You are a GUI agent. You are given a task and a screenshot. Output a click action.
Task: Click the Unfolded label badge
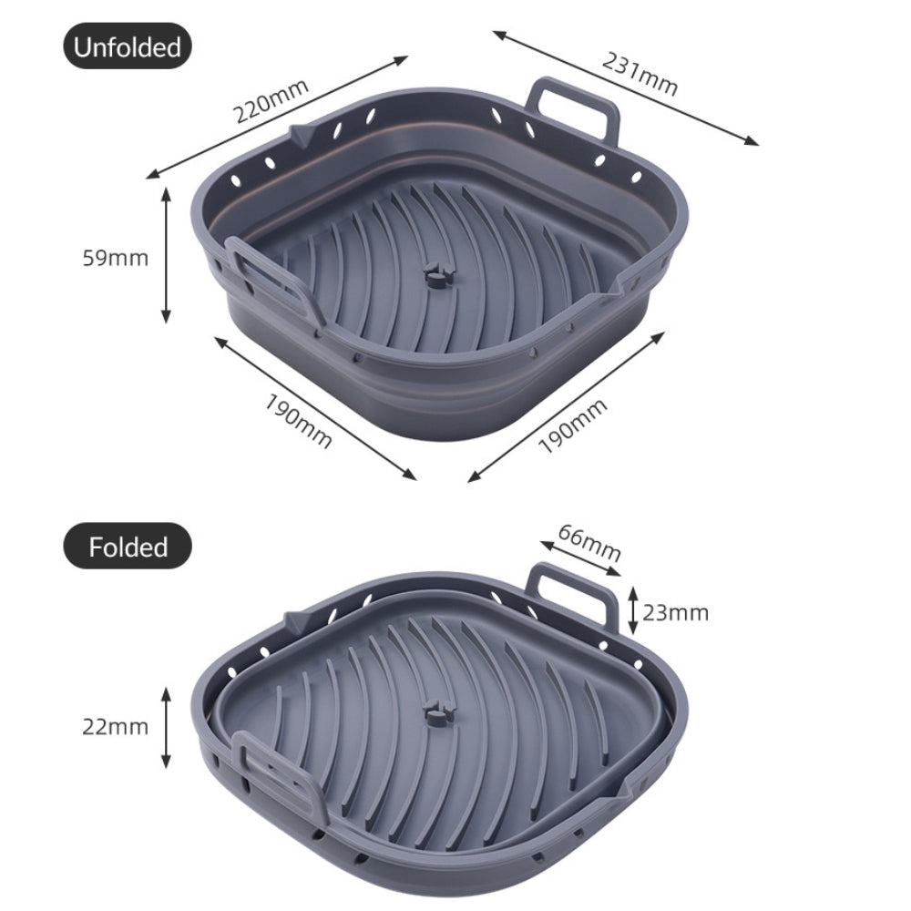pos(128,46)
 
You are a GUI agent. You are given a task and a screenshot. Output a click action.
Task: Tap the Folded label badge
pos(128,546)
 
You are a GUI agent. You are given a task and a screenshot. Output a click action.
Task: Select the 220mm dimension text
pos(271,101)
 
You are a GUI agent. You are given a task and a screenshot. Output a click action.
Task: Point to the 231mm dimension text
pos(640,74)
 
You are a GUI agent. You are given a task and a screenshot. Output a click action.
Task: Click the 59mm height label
pos(115,258)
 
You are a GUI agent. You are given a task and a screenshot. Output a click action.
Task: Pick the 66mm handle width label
pos(589,542)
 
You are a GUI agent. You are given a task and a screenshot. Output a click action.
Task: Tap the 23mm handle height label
pos(675,612)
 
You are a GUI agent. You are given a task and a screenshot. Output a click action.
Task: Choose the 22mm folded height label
pos(115,726)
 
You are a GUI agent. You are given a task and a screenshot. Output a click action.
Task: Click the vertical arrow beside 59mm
pos(166,255)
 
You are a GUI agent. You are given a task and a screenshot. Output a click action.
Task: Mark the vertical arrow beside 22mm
pos(166,727)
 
